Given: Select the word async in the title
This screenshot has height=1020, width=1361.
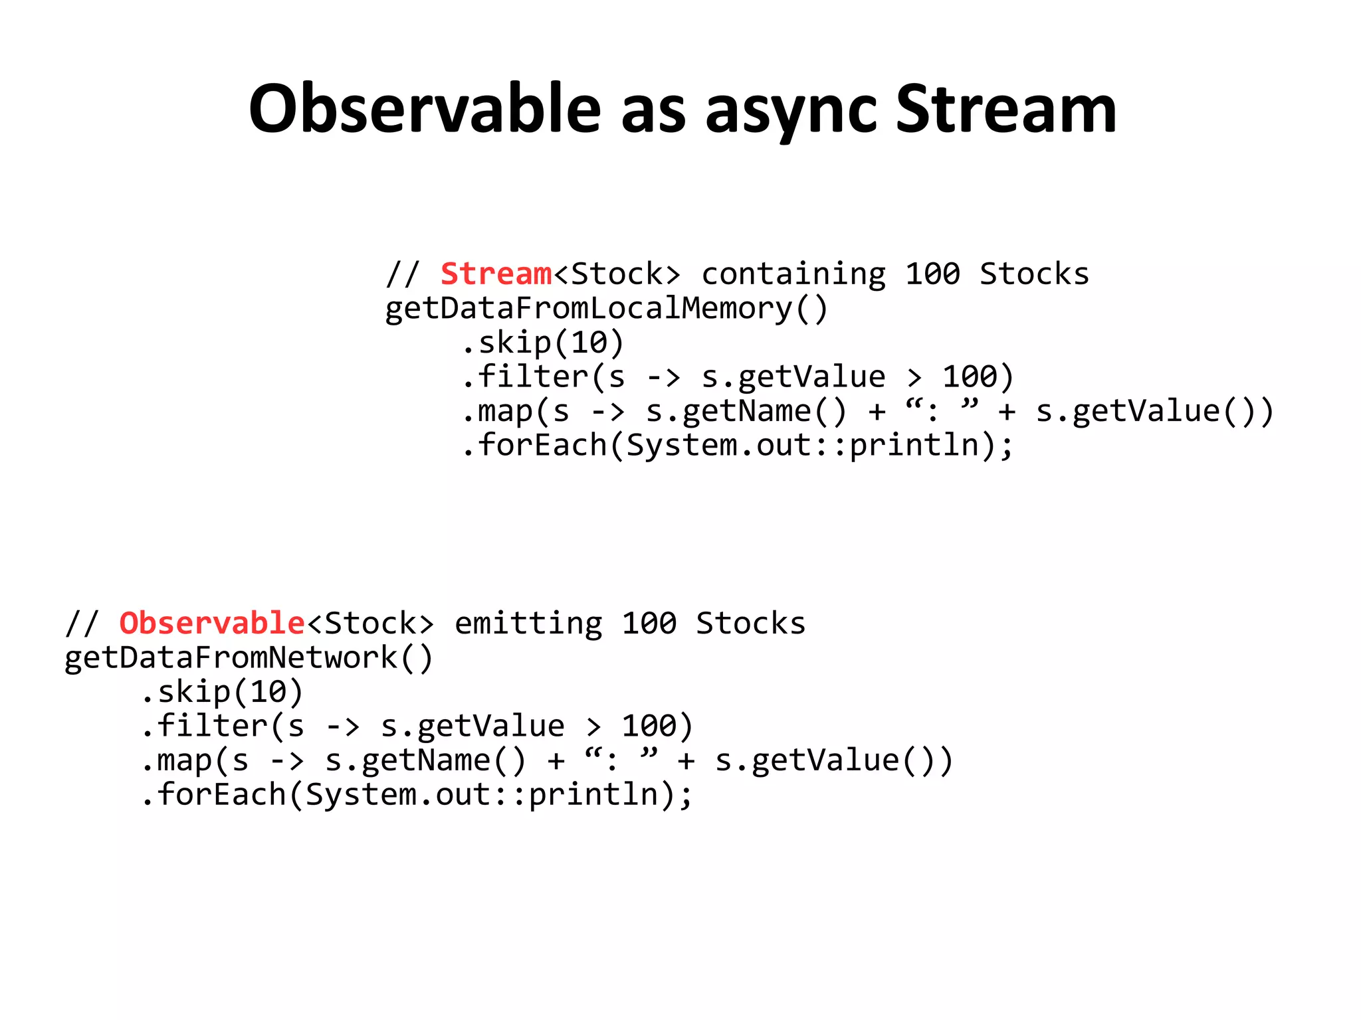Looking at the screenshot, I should [791, 110].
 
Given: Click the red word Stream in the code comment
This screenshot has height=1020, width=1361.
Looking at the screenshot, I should [496, 274].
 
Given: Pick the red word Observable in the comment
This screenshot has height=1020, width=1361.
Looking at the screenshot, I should [211, 623].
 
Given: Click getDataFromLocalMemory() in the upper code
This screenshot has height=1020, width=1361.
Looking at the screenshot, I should [606, 308].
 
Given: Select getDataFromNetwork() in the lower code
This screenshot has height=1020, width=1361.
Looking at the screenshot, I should [249, 657].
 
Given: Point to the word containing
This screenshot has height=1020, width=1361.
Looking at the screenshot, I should [793, 274].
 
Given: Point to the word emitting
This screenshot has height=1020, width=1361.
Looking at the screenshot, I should [528, 623].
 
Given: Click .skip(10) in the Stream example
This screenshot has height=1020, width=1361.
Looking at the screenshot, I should [542, 343].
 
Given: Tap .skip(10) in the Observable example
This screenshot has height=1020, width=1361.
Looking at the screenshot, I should [222, 692].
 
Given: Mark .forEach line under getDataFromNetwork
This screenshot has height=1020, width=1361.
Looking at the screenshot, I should [416, 794].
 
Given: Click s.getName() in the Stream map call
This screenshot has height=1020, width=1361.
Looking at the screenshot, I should [746, 411].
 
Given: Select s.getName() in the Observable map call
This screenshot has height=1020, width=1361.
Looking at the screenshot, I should [425, 760].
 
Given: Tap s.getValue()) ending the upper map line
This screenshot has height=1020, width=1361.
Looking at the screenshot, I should [1154, 411].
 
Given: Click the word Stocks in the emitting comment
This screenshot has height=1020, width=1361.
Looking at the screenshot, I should [750, 623].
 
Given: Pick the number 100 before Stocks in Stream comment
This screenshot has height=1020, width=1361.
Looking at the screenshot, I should [932, 274].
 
